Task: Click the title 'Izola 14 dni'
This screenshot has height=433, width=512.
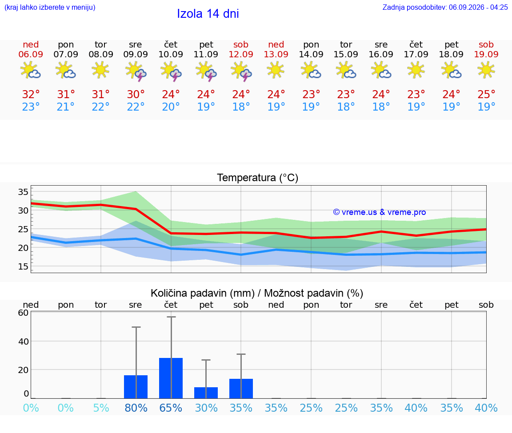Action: pyautogui.click(x=208, y=14)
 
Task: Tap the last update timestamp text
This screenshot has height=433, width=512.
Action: pyautogui.click(x=445, y=7)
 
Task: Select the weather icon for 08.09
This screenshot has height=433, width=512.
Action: pyautogui.click(x=100, y=70)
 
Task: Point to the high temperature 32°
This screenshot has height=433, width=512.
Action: pyautogui.click(x=31, y=94)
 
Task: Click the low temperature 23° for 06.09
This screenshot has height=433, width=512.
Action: pyautogui.click(x=31, y=107)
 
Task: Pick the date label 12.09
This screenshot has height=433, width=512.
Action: pyautogui.click(x=241, y=54)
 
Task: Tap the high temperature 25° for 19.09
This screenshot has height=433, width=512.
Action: pyautogui.click(x=486, y=94)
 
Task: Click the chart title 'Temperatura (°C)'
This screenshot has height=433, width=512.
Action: pyautogui.click(x=258, y=178)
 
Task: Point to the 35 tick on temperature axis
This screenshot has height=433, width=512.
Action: pyautogui.click(x=23, y=192)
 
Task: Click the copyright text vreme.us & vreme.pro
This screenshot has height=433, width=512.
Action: pyautogui.click(x=380, y=212)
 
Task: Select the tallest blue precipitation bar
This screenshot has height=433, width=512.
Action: pyautogui.click(x=171, y=378)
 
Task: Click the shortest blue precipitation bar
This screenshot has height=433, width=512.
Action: pyautogui.click(x=206, y=393)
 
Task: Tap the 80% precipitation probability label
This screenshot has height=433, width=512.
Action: pyautogui.click(x=136, y=408)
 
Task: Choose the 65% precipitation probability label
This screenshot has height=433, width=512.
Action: pyautogui.click(x=171, y=408)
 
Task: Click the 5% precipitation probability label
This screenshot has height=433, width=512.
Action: pyautogui.click(x=101, y=408)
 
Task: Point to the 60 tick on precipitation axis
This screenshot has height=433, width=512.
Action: pyautogui.click(x=23, y=313)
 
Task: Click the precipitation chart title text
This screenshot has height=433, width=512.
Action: pyautogui.click(x=257, y=293)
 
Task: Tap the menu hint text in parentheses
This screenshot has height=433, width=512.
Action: pyautogui.click(x=50, y=7)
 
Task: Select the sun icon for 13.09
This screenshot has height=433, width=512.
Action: pyautogui.click(x=276, y=70)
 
